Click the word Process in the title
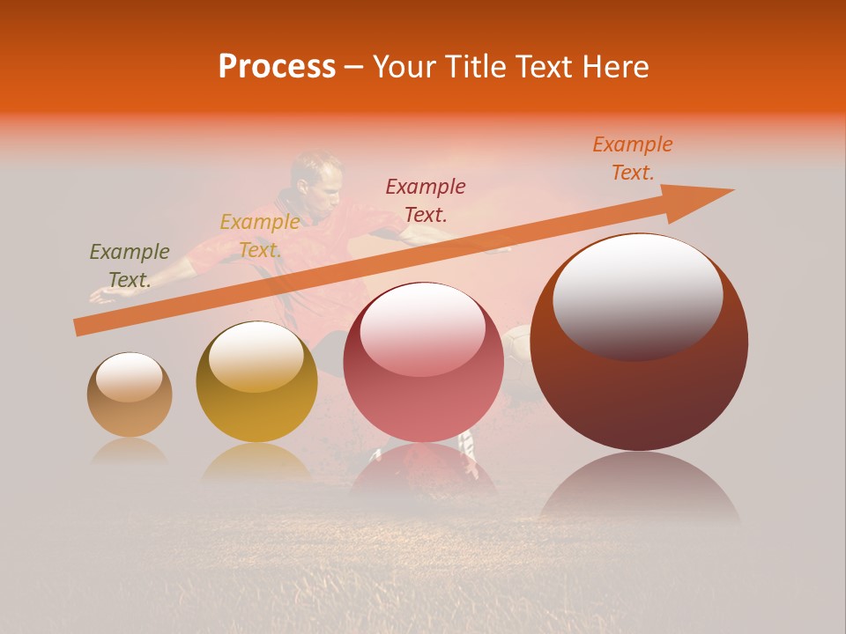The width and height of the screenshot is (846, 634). [x=277, y=67]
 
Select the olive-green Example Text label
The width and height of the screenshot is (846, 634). [x=130, y=265]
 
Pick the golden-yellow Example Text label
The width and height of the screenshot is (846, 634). [x=260, y=235]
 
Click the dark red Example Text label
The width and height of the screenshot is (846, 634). [x=426, y=200]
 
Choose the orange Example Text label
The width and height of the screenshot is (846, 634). [x=633, y=158]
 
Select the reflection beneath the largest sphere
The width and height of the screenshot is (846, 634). [x=640, y=489]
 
